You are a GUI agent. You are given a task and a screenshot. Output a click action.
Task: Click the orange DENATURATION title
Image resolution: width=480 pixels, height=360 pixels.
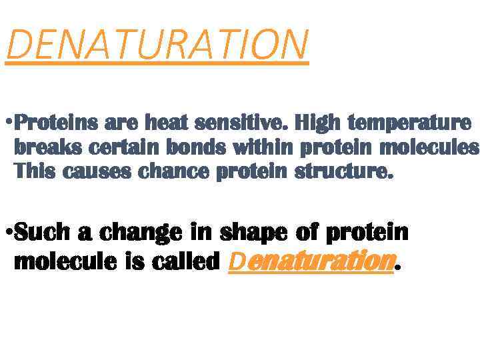click(157, 44)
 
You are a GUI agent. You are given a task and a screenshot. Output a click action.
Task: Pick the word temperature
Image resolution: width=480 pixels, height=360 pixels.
click(410, 125)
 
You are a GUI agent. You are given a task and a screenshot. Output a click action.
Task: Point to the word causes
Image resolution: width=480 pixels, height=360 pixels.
click(101, 172)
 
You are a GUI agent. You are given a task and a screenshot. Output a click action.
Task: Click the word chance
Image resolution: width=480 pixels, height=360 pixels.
click(175, 172)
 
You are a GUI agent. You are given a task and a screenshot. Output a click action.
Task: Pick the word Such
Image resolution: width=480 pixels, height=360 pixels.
click(43, 233)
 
